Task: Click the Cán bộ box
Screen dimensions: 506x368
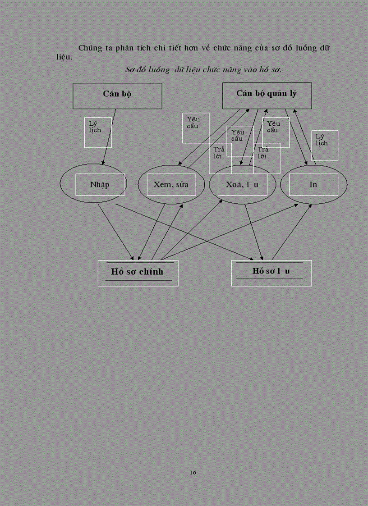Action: (x=117, y=96)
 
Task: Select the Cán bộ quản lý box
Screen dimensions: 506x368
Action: (x=267, y=96)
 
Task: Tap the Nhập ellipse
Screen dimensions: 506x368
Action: (x=93, y=185)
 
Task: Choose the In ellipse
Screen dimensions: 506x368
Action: (x=313, y=185)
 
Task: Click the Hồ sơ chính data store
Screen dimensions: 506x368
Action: (x=138, y=273)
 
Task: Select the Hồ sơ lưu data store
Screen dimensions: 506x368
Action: (x=271, y=272)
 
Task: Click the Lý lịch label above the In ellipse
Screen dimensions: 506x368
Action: (x=322, y=140)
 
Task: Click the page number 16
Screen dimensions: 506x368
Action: (x=193, y=472)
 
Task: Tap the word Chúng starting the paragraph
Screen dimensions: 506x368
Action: (x=89, y=48)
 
